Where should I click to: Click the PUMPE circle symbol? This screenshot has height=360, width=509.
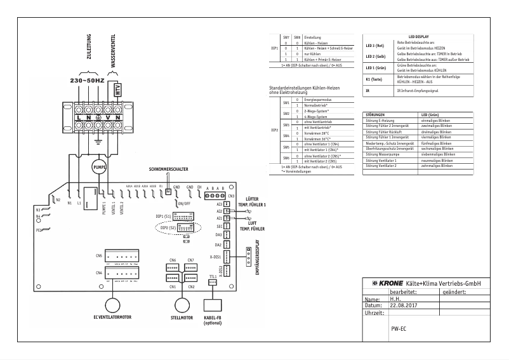(x=99, y=166)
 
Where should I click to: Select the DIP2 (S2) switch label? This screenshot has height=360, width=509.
(x=168, y=227)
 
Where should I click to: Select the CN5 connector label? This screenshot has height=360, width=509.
(x=98, y=255)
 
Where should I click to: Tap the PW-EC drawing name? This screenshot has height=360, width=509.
(x=399, y=330)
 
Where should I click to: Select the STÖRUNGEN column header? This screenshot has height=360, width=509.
(x=375, y=115)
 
